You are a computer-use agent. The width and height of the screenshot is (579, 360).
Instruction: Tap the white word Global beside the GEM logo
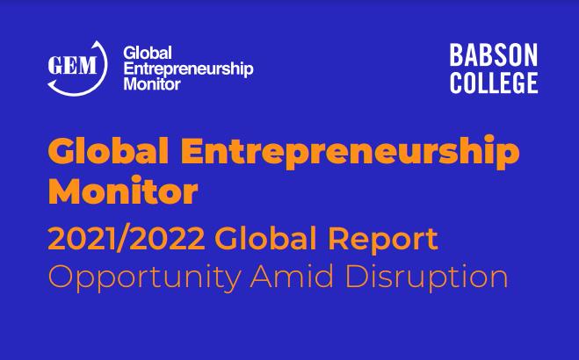[148, 53]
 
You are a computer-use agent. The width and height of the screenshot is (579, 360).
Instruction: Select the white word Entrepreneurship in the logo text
[188, 69]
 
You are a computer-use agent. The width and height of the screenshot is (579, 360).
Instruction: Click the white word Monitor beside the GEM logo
[152, 83]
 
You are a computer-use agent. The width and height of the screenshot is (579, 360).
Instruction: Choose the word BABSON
[493, 55]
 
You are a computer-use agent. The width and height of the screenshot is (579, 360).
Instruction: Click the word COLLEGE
[494, 83]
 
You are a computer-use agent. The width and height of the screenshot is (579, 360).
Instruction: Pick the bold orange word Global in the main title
[109, 151]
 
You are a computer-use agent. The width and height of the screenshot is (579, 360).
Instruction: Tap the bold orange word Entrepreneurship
[350, 152]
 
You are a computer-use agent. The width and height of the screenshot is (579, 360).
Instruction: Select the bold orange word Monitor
[123, 191]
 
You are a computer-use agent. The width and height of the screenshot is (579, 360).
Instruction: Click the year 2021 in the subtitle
[80, 239]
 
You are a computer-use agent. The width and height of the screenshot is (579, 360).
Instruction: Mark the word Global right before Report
[265, 239]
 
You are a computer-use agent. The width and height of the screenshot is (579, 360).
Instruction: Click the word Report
[383, 241]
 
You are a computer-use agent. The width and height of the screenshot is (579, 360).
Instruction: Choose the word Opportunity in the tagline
[145, 277]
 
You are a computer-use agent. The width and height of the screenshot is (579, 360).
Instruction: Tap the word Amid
[292, 276]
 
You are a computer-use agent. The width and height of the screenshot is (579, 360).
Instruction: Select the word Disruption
[426, 277]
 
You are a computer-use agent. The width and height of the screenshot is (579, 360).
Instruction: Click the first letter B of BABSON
[456, 55]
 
